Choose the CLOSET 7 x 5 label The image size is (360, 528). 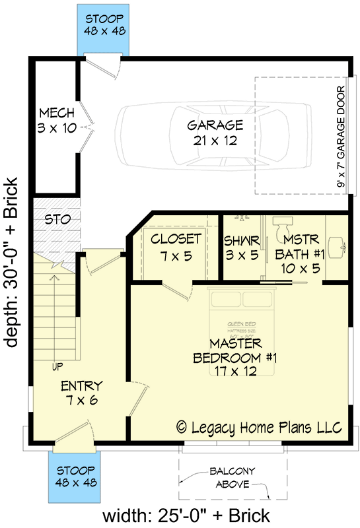tap(176, 246)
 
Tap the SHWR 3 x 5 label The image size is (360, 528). tap(240, 246)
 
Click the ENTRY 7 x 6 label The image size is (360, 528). tap(81, 393)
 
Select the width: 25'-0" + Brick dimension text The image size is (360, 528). tap(186, 514)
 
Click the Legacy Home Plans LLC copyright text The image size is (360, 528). tap(259, 427)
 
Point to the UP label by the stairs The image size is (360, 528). tap(58, 366)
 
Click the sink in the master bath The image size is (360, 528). tap(337, 246)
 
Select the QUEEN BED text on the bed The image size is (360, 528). tap(236, 323)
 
